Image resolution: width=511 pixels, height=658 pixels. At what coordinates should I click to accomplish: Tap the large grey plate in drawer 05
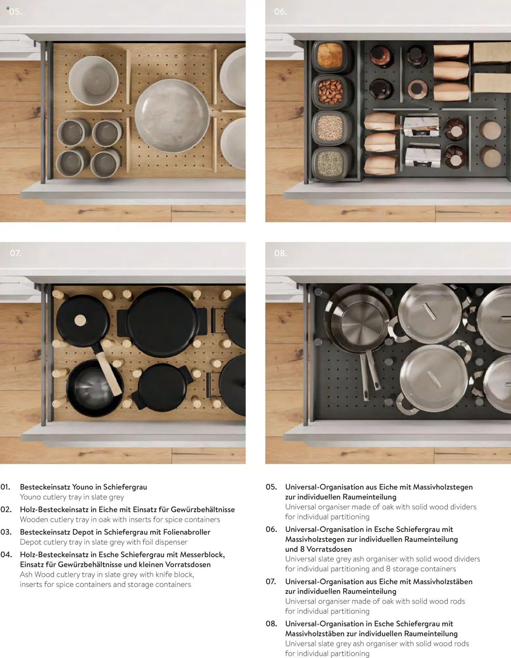(x=172, y=115)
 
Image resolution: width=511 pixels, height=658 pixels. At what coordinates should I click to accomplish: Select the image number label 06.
(x=280, y=12)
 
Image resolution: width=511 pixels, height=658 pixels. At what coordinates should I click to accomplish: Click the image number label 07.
(x=15, y=253)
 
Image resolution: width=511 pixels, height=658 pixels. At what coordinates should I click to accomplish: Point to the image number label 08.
(x=281, y=253)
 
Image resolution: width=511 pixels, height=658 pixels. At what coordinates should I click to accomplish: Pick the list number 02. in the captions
(x=6, y=510)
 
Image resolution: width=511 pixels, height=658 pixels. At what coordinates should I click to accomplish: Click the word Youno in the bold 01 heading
(x=82, y=487)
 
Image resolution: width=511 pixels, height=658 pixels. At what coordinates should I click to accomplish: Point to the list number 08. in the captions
(x=271, y=624)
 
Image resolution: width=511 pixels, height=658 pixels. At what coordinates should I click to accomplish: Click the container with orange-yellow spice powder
(x=330, y=56)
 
